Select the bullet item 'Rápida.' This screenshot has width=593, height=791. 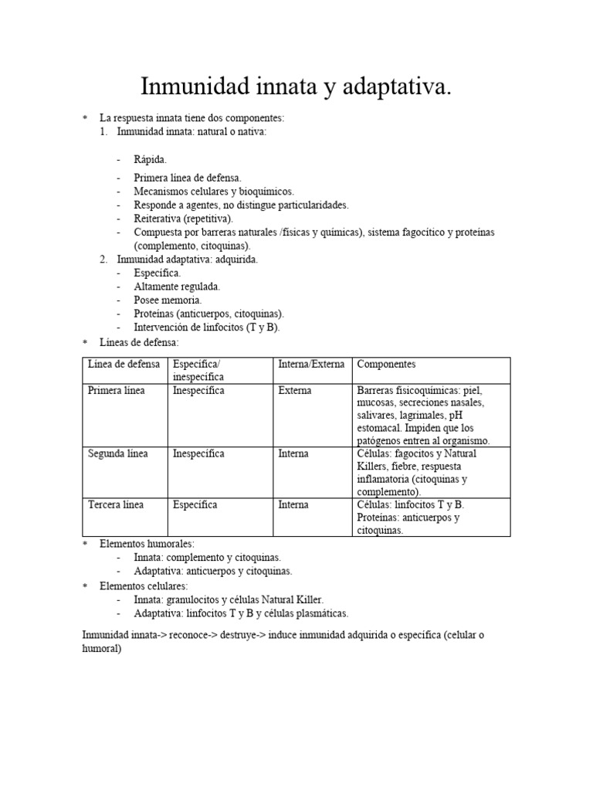150,160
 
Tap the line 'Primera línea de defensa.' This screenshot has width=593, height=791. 188,178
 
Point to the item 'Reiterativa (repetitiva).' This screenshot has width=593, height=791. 183,219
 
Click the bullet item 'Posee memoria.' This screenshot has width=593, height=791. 168,300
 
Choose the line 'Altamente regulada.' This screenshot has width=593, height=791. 177,286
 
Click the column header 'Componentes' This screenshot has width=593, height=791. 386,364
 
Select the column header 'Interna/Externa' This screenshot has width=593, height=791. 311,364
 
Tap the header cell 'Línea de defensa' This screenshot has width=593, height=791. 124,364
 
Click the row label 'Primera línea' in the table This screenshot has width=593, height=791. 116,391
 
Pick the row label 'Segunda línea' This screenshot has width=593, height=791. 117,453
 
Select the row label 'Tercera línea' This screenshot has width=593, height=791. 116,504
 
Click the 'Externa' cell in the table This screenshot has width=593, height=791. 295,391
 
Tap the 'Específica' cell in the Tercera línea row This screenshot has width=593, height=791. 195,504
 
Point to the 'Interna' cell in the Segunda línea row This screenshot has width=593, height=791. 293,453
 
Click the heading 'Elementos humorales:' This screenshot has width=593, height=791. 147,545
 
